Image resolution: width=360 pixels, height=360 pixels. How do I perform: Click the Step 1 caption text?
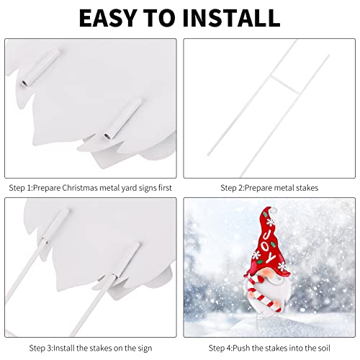click(x=91, y=188)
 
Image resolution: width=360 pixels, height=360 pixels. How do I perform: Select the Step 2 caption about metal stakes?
click(x=269, y=188)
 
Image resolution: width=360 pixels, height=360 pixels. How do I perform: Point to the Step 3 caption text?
click(x=91, y=348)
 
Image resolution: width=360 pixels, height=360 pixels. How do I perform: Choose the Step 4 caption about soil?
click(x=269, y=348)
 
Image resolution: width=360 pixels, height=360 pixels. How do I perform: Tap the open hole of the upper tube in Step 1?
click(x=24, y=84)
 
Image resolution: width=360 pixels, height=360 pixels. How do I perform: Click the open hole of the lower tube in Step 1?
click(x=107, y=137)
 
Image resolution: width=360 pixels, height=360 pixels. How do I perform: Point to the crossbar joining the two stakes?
click(x=285, y=85)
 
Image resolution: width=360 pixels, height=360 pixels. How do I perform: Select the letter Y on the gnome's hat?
click(x=270, y=258)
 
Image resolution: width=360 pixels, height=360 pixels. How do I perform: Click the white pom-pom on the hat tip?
click(x=273, y=210)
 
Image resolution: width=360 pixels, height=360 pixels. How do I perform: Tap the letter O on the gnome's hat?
click(x=266, y=246)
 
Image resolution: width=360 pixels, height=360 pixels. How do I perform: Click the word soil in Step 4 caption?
click(x=324, y=348)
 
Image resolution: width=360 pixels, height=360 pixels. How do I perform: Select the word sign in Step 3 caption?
click(x=145, y=348)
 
